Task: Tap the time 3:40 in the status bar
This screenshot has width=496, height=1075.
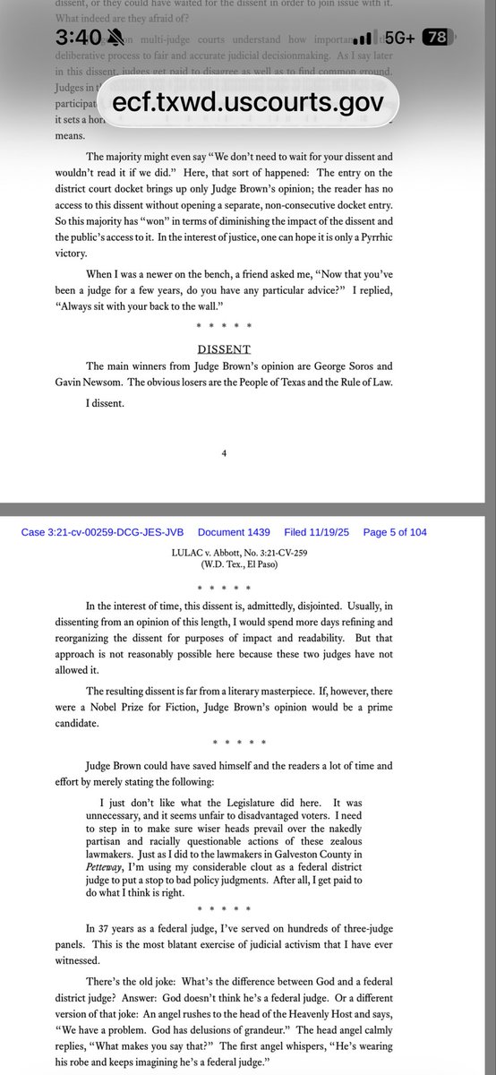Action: (79, 38)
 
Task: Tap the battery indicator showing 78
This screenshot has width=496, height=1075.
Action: (437, 38)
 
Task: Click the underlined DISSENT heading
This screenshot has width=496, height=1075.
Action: (224, 348)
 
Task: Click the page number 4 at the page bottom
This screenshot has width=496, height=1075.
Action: (224, 453)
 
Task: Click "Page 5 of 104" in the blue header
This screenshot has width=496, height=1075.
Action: (395, 532)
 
